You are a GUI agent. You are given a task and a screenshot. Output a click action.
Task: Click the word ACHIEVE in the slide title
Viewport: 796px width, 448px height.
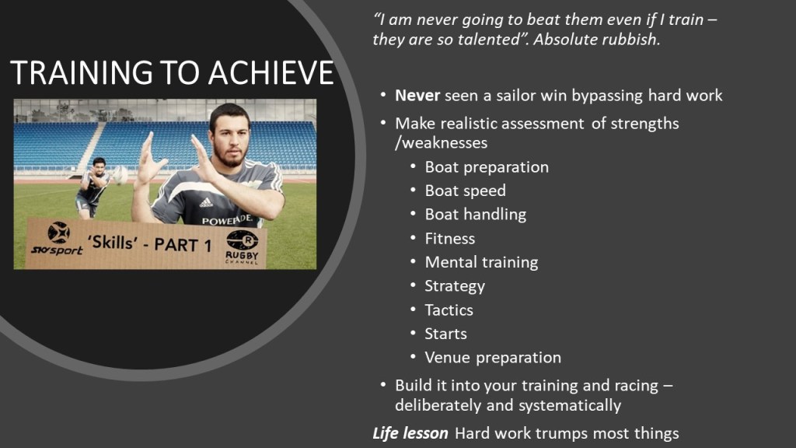pos(271,72)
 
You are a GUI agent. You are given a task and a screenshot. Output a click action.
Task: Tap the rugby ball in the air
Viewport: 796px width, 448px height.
pos(120,175)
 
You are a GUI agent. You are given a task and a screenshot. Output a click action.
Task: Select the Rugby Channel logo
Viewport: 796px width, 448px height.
pos(243,247)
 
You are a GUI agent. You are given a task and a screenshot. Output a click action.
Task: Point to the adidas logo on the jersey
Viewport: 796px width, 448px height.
pos(205,203)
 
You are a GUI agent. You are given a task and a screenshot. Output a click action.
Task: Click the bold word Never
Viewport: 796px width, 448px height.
pos(417,96)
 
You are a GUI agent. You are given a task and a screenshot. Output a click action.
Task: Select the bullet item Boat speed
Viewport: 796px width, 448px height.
pos(465,191)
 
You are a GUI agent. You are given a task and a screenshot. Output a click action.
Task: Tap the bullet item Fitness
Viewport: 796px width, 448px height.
pos(450,238)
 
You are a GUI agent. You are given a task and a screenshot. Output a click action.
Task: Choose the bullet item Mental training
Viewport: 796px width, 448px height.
pos(481,262)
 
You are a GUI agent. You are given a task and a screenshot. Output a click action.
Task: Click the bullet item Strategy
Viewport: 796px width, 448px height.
pos(455,286)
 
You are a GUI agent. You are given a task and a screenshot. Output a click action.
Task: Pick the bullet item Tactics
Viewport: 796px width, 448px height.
pos(449,310)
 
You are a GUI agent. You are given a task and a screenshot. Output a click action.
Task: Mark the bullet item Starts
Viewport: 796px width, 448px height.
pos(445,334)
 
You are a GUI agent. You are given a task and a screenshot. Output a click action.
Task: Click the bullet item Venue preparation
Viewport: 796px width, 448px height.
pos(493,358)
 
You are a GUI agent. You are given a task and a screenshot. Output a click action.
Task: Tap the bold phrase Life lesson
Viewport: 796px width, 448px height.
pos(410,433)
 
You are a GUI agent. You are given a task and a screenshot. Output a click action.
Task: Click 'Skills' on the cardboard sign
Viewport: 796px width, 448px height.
pos(113,243)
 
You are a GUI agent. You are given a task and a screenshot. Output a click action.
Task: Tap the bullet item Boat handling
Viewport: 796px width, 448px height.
pos(476,215)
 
